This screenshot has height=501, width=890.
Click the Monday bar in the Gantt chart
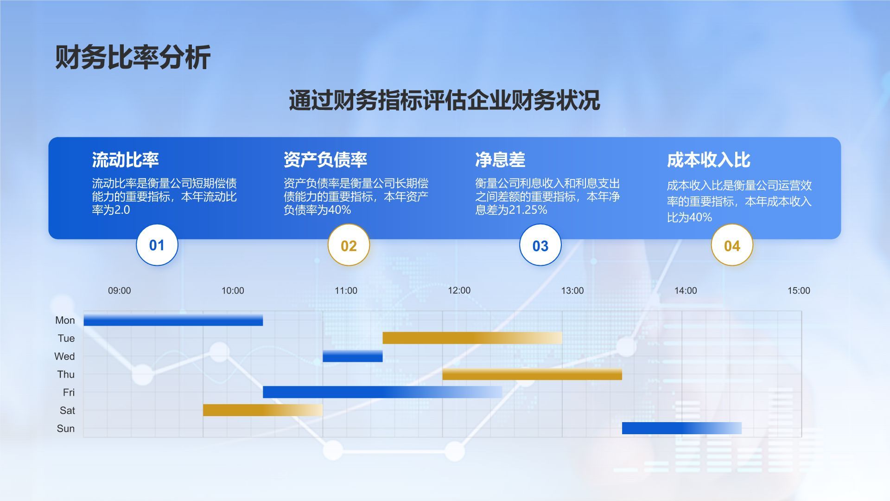pyautogui.click(x=173, y=320)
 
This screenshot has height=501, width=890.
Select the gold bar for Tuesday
pyautogui.click(x=472, y=338)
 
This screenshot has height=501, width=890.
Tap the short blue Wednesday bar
pyautogui.click(x=353, y=356)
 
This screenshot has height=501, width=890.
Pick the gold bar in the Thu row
pyautogui.click(x=532, y=374)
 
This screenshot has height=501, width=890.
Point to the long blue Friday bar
pyautogui.click(x=382, y=392)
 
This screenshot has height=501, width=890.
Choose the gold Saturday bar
pyautogui.click(x=263, y=410)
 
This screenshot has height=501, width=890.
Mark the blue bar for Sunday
pyautogui.click(x=682, y=428)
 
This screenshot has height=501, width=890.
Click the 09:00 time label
pyautogui.click(x=120, y=291)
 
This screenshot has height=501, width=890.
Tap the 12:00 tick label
pyautogui.click(x=459, y=290)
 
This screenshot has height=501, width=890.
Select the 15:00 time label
pyautogui.click(x=799, y=291)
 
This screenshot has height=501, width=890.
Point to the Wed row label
pyautogui.click(x=64, y=356)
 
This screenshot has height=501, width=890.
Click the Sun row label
pyautogui.click(x=66, y=429)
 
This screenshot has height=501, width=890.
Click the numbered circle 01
pyautogui.click(x=157, y=245)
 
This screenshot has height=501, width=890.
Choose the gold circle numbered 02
pyautogui.click(x=349, y=245)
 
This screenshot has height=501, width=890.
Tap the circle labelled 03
pyautogui.click(x=540, y=245)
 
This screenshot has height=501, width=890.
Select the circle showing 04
pyautogui.click(x=732, y=245)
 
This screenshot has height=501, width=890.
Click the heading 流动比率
pyautogui.click(x=125, y=160)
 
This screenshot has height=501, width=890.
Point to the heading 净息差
pyautogui.click(x=500, y=160)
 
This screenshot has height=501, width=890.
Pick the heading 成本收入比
pyautogui.click(x=709, y=160)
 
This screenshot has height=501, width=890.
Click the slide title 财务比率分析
pyautogui.click(x=133, y=58)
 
